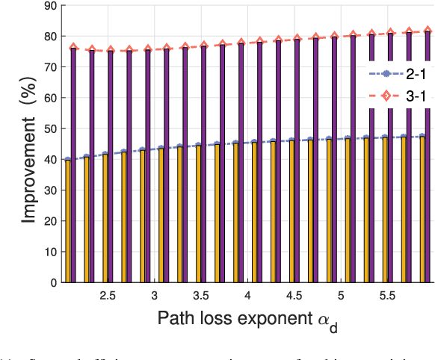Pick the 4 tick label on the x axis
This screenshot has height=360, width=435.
247,296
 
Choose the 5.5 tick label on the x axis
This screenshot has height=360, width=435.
386,296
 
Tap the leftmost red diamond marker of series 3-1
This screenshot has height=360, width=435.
73,47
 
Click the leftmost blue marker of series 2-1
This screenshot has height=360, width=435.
68,160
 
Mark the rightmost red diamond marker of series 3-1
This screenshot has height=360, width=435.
428,31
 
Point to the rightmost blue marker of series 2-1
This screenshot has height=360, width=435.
423,137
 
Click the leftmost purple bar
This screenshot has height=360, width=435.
73,165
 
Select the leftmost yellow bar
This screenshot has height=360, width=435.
68,221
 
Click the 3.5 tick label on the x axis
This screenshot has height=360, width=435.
200,296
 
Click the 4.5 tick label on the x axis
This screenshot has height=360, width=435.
293,296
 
